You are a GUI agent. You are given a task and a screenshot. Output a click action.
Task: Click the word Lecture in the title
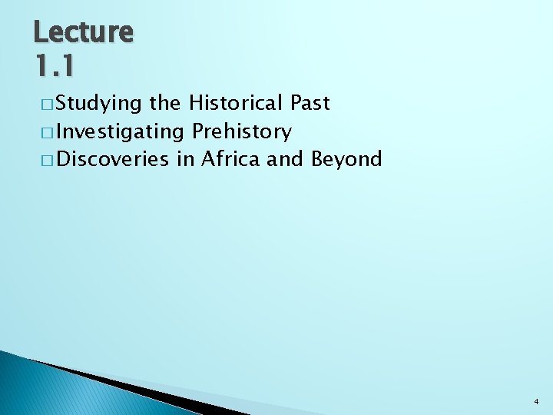(x=84, y=32)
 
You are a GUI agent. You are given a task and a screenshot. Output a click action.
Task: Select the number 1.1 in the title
(x=55, y=66)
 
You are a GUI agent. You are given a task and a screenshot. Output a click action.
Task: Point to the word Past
(x=310, y=103)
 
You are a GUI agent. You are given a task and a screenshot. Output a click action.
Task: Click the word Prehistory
(x=242, y=132)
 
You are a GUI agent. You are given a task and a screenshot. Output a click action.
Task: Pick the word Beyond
(x=346, y=160)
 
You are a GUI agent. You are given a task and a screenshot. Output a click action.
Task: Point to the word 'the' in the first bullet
(x=165, y=103)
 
